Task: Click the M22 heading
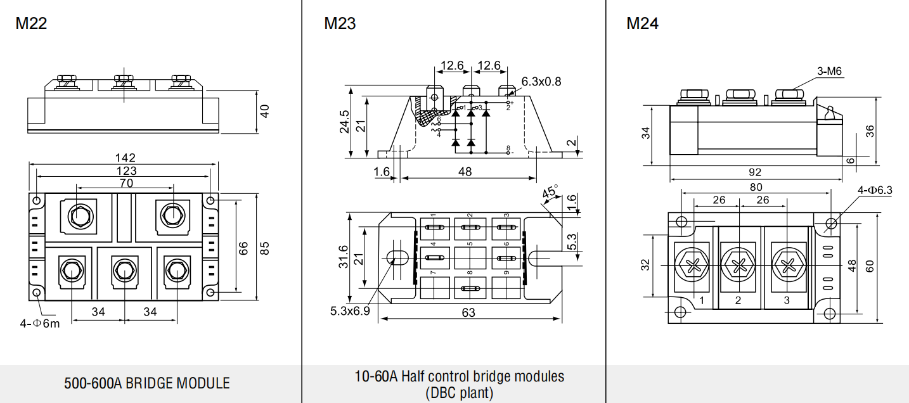pos(32,24)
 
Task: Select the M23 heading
pos(340,24)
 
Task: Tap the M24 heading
pos(642,24)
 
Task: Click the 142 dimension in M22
pos(126,158)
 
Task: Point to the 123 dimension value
pos(126,171)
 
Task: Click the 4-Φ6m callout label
pos(39,324)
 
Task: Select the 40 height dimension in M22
pos(265,110)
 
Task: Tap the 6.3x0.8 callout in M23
pos(541,81)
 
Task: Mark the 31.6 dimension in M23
pos(343,255)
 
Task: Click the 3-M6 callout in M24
pos(829,72)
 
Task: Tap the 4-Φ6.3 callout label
pos(875,190)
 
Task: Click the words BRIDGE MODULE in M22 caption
pos(177,383)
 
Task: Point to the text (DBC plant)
pos(459,393)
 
